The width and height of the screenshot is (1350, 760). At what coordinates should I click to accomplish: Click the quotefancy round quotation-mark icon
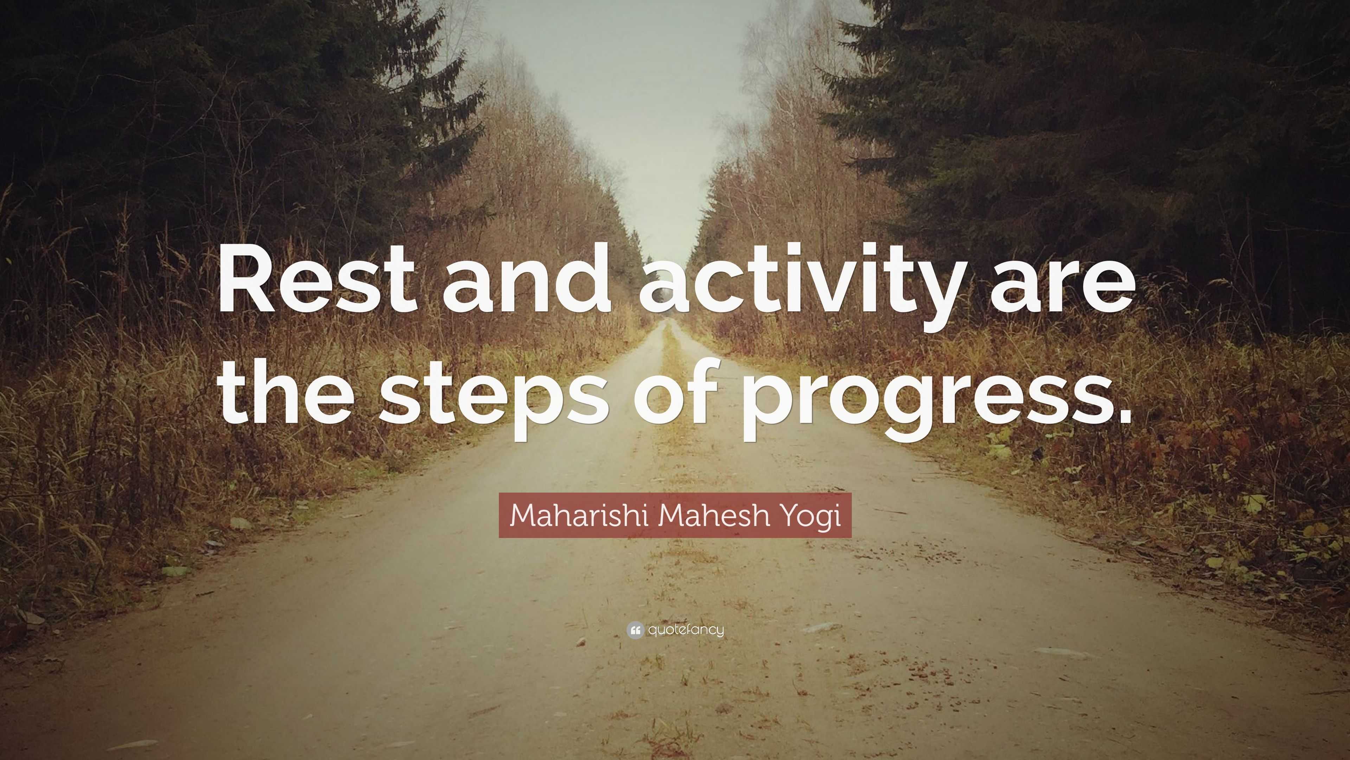tap(635, 630)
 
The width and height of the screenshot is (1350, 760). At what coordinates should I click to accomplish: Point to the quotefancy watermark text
tap(686, 630)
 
